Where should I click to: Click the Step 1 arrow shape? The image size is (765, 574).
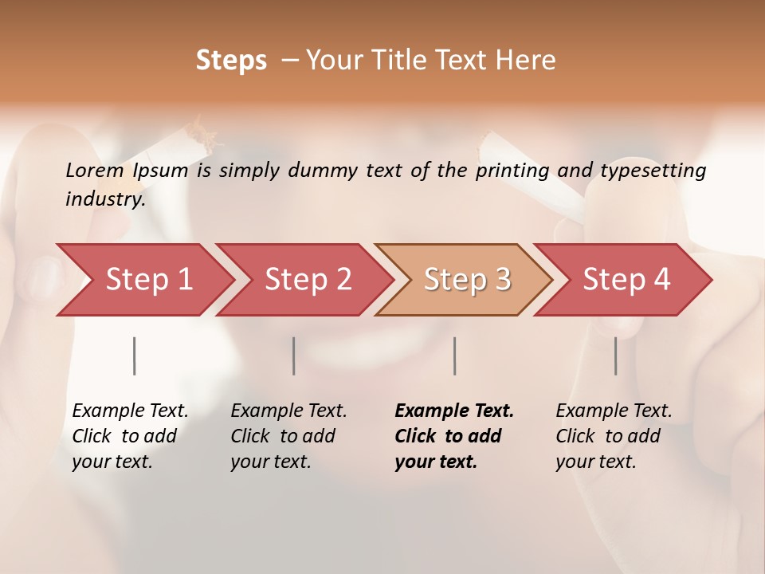[149, 280]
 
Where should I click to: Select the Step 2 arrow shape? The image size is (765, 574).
[308, 280]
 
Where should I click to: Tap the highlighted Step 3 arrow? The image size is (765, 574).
[467, 280]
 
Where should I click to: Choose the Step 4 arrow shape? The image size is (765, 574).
[626, 280]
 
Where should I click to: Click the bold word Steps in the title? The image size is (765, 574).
[231, 60]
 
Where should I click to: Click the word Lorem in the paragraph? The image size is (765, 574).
[95, 170]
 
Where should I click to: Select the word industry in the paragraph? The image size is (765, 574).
[104, 199]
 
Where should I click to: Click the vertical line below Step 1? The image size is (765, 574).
[135, 356]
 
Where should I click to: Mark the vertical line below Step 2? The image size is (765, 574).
[294, 356]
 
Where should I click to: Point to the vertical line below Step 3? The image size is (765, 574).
[454, 356]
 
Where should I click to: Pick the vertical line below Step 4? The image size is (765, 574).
[616, 356]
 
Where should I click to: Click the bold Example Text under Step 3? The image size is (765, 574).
[454, 411]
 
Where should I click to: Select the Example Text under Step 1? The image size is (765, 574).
[130, 411]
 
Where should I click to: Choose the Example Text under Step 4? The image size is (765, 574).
[614, 411]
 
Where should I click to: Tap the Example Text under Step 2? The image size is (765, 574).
[288, 411]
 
